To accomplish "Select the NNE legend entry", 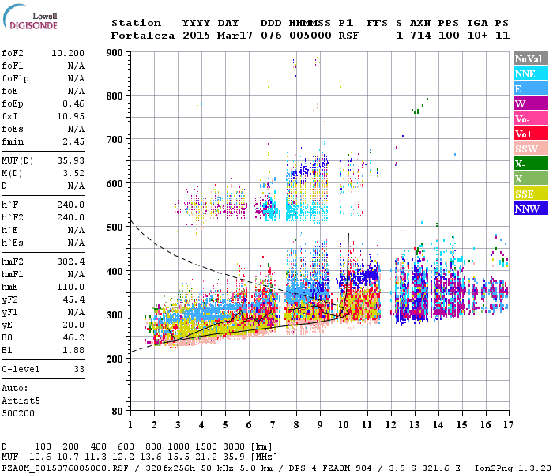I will tap(525, 73).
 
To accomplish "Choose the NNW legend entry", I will tap(527, 209).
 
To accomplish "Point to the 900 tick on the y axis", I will tap(115, 52).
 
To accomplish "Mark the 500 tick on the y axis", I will tap(115, 228).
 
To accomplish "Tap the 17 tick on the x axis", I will tap(506, 425).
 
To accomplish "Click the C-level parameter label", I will tap(21, 368).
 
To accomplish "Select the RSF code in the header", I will tap(348, 36).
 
